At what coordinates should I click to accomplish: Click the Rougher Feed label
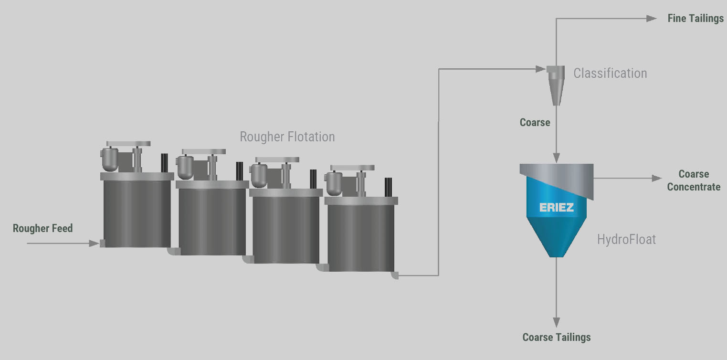[42, 228]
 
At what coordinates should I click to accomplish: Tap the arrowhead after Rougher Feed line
[94, 243]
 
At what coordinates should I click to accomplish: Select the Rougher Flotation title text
[287, 137]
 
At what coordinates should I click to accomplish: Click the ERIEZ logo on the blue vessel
[556, 207]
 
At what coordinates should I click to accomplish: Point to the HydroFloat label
[626, 240]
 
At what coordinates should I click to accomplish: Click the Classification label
[610, 74]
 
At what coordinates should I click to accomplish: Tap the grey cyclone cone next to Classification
[556, 85]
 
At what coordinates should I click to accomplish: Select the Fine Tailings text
[695, 19]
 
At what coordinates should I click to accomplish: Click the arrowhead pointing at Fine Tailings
[652, 19]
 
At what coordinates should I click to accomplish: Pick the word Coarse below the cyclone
[535, 122]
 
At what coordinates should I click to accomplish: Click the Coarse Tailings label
[556, 337]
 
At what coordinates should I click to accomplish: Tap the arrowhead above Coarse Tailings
[556, 322]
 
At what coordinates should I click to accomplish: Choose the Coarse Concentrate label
[694, 180]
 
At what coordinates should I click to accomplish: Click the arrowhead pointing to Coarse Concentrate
[657, 178]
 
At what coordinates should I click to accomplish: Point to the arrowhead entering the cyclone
[540, 69]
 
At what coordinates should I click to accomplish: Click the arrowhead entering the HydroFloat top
[556, 158]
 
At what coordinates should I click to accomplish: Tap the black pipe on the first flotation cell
[165, 163]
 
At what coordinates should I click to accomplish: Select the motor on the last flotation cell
[334, 183]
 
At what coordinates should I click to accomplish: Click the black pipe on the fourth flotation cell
[388, 187]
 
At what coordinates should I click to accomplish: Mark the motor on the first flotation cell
[110, 159]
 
